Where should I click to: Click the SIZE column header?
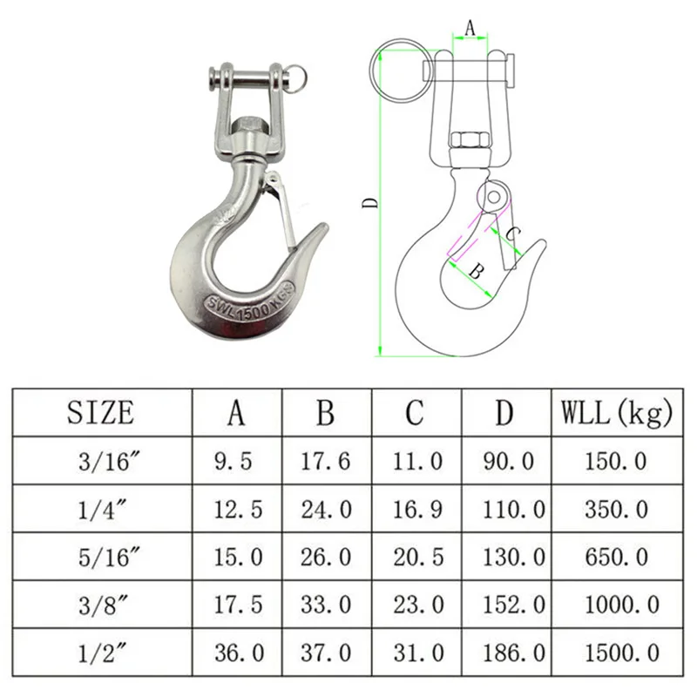pos(100,412)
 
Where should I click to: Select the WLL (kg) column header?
pos(617,413)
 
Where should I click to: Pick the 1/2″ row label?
pos(102,653)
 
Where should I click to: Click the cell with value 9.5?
pos(233,461)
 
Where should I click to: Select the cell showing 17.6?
pos(326,461)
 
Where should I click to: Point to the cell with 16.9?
pos(418,509)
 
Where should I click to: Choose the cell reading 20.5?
pos(418,557)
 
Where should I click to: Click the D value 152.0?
pos(514,605)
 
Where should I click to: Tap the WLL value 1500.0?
pos(622,653)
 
